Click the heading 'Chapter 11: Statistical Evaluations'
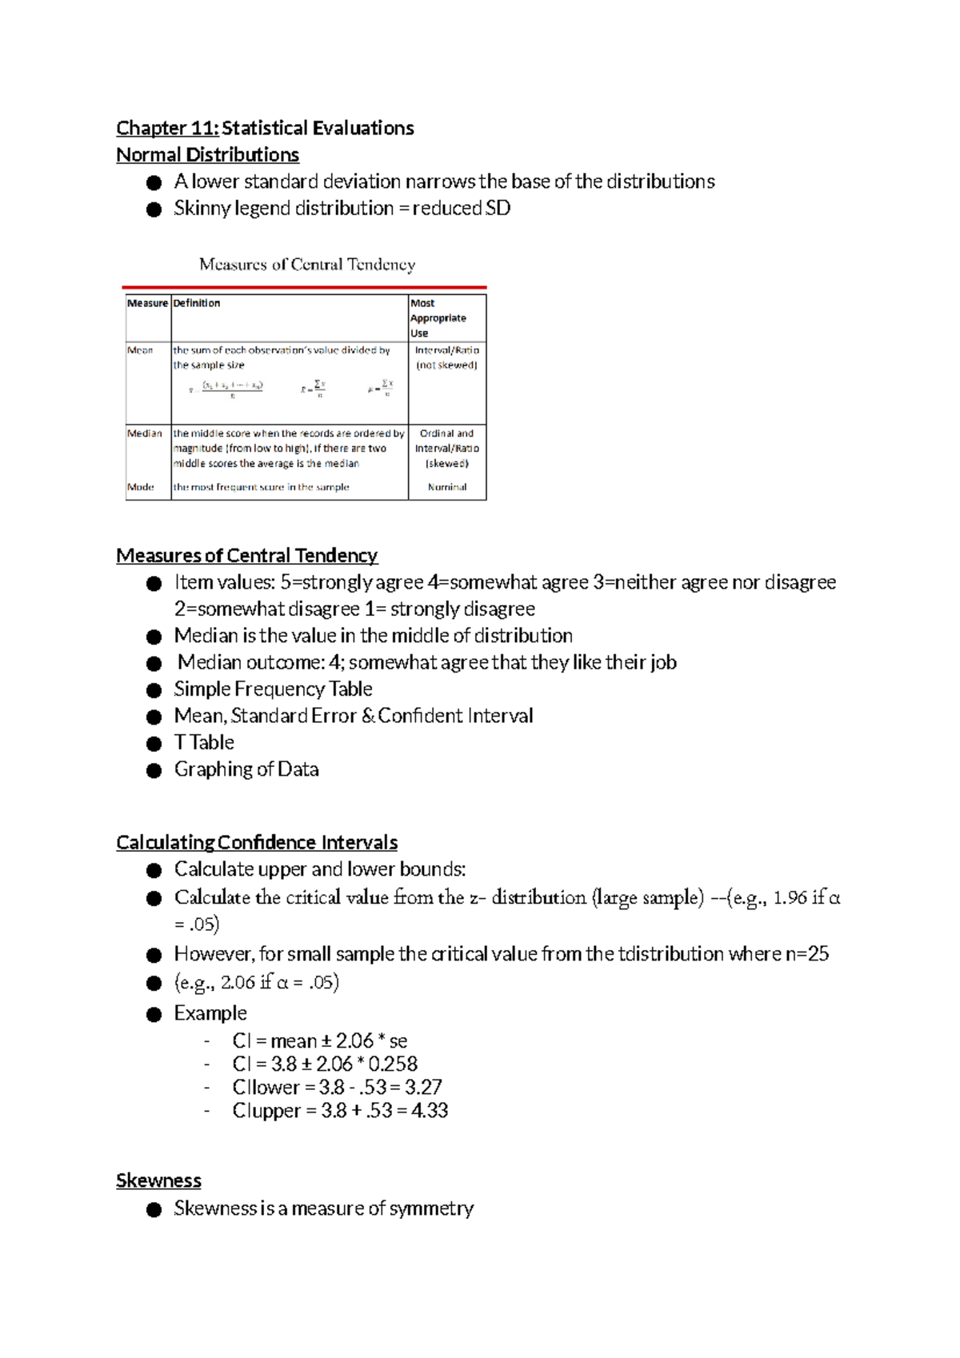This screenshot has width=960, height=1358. [x=265, y=128]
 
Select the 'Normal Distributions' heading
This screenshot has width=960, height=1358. [x=207, y=155]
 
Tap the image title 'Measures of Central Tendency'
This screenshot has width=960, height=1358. [x=307, y=265]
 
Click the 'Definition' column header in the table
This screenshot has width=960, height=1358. [x=197, y=303]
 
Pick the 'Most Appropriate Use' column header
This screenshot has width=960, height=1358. [x=438, y=318]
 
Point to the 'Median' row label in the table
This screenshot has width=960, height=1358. [x=145, y=433]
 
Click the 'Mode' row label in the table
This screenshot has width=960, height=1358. [x=141, y=487]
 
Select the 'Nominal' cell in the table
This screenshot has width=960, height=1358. [x=447, y=487]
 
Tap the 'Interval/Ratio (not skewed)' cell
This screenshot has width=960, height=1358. [x=447, y=357]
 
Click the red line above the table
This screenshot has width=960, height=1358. [x=304, y=286]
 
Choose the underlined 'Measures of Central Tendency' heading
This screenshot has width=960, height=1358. [x=246, y=556]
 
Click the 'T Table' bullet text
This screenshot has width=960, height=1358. [x=204, y=743]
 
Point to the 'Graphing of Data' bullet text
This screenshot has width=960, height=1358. [x=246, y=769]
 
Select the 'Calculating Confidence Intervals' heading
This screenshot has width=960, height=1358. [x=257, y=843]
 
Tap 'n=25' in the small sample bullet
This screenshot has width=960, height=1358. [x=807, y=954]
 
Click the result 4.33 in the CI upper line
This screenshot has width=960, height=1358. [x=430, y=1111]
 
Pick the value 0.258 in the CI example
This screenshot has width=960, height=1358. [x=393, y=1064]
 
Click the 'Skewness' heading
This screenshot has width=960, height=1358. [x=158, y=1181]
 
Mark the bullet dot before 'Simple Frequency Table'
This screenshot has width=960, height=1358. [x=154, y=691]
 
